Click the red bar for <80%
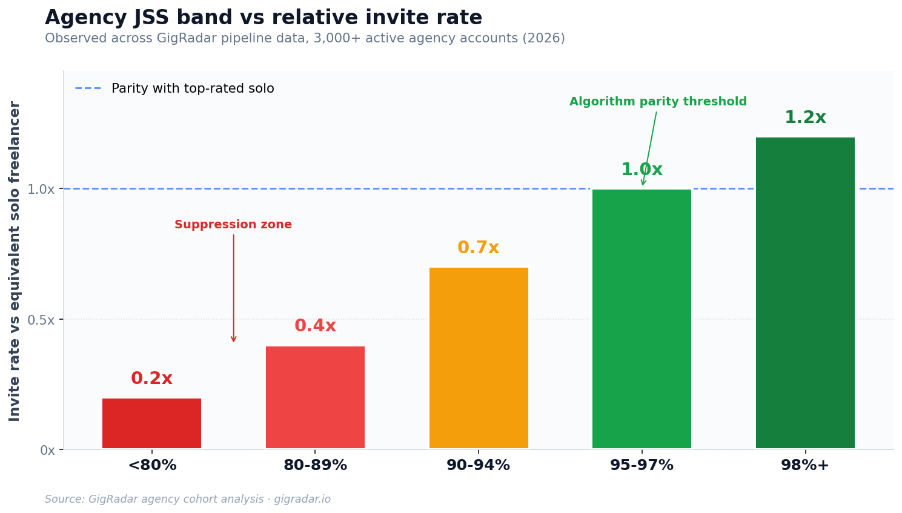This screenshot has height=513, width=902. tap(151, 423)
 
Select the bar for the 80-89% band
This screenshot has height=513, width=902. tap(315, 397)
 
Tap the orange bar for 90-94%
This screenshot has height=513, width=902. tap(479, 358)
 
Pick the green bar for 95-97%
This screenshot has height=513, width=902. tap(642, 319)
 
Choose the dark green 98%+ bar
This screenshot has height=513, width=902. tap(805, 293)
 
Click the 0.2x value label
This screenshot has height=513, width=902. tap(151, 379)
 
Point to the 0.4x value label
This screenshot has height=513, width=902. tap(315, 326)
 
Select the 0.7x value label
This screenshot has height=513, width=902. tap(478, 248)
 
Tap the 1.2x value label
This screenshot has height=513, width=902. tap(805, 117)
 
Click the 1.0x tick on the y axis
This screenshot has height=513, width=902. tap(41, 189)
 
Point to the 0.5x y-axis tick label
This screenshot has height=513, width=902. tap(41, 320)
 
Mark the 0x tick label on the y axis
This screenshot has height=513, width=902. tap(47, 450)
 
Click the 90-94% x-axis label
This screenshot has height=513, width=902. tap(478, 465)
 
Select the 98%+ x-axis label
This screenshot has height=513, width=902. tap(805, 465)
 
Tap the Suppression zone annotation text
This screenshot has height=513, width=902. tap(233, 225)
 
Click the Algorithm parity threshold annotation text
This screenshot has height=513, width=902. tap(658, 102)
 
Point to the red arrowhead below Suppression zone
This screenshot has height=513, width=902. tap(233, 339)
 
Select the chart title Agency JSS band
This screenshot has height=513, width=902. tap(264, 18)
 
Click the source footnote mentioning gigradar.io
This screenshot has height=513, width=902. tap(188, 499)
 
